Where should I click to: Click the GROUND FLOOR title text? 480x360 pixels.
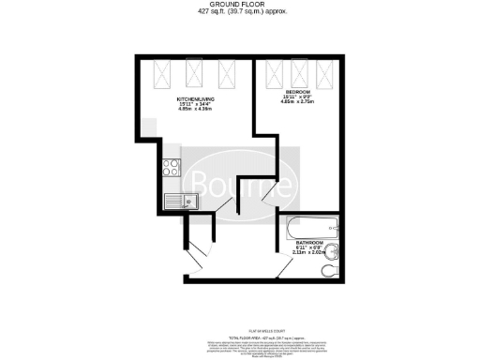click(x=241, y=5)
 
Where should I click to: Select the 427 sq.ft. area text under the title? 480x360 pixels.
click(x=241, y=13)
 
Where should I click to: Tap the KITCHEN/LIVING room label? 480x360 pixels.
click(x=198, y=99)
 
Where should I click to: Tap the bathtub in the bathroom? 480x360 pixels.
click(x=310, y=227)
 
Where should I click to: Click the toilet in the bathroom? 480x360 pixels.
click(x=328, y=270)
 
